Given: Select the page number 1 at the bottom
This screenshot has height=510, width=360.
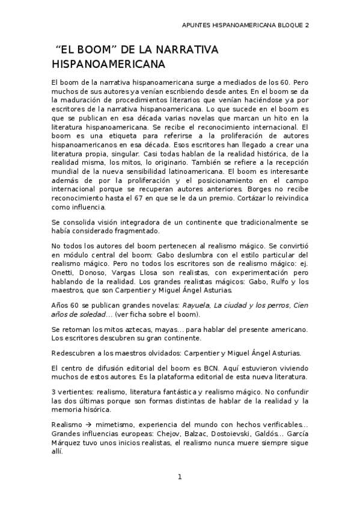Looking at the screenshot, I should pos(179,477).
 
